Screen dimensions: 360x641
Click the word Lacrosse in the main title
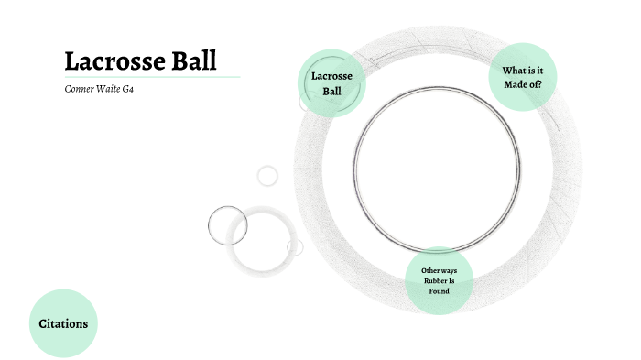pyautogui.click(x=108, y=61)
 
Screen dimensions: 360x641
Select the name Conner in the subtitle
pyautogui.click(x=80, y=91)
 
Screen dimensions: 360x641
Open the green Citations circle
pyautogui.click(x=63, y=323)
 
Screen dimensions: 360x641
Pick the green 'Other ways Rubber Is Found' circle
pyautogui.click(x=439, y=279)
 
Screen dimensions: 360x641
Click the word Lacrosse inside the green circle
pyautogui.click(x=331, y=76)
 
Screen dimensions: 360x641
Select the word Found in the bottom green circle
pyautogui.click(x=439, y=290)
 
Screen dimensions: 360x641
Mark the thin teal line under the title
pyautogui.click(x=152, y=77)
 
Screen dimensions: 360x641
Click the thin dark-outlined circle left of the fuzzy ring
pyautogui.click(x=228, y=224)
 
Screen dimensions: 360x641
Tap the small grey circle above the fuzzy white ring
pyautogui.click(x=267, y=175)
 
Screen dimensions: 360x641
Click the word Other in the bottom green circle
pyautogui.click(x=430, y=270)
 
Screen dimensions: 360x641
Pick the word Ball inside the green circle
pyautogui.click(x=331, y=91)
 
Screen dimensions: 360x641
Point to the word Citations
pyautogui.click(x=63, y=323)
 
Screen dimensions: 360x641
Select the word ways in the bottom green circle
pyautogui.click(x=449, y=270)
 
